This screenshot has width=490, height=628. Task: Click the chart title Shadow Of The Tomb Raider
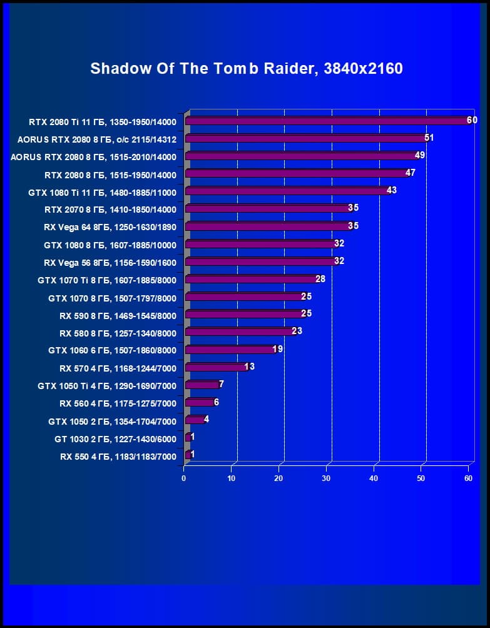point(246,68)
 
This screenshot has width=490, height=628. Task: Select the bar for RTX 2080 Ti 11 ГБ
point(328,121)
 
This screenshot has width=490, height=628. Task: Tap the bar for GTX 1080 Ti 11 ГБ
point(288,191)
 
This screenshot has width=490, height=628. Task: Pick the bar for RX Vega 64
point(269,226)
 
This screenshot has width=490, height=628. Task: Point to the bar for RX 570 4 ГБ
point(217,367)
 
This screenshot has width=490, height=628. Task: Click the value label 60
point(472,120)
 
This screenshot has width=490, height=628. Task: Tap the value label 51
point(429,138)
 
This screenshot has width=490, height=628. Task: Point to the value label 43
point(392,190)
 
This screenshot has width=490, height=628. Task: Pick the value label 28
point(320,278)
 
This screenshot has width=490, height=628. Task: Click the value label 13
point(250,367)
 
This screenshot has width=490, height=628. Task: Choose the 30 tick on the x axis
point(326,479)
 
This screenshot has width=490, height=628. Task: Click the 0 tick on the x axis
point(184,479)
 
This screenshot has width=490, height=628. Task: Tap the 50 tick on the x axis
point(421,479)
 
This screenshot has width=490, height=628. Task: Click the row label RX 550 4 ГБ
point(118,457)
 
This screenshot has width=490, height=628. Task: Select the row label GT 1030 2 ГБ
point(115,439)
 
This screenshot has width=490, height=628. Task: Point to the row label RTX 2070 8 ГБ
point(111,210)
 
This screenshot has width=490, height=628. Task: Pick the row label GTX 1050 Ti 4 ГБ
point(107,387)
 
